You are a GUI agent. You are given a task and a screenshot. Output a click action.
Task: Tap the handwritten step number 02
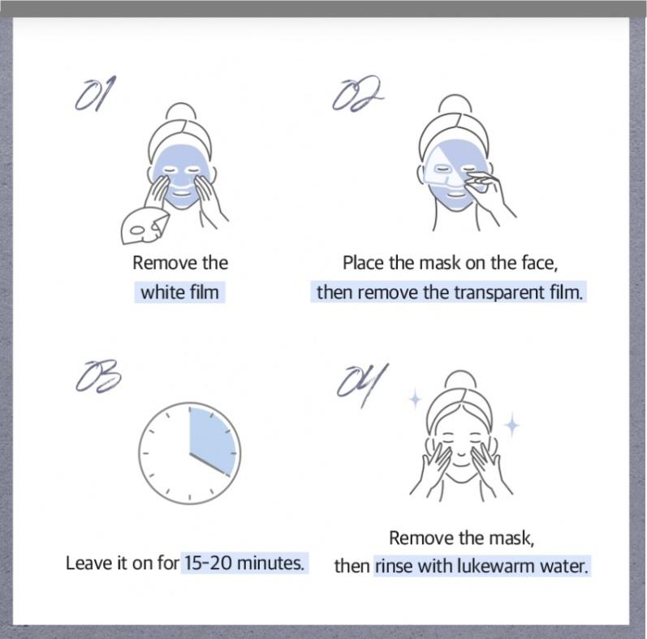[358, 93]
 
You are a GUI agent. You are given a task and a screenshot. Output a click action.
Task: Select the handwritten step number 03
[98, 375]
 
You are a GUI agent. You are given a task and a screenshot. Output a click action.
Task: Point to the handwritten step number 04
[362, 384]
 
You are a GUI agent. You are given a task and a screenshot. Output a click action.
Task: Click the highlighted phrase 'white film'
[179, 292]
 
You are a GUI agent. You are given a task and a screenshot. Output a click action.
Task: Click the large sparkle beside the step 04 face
[512, 425]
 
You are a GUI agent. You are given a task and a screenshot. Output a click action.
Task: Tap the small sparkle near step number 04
[415, 399]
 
